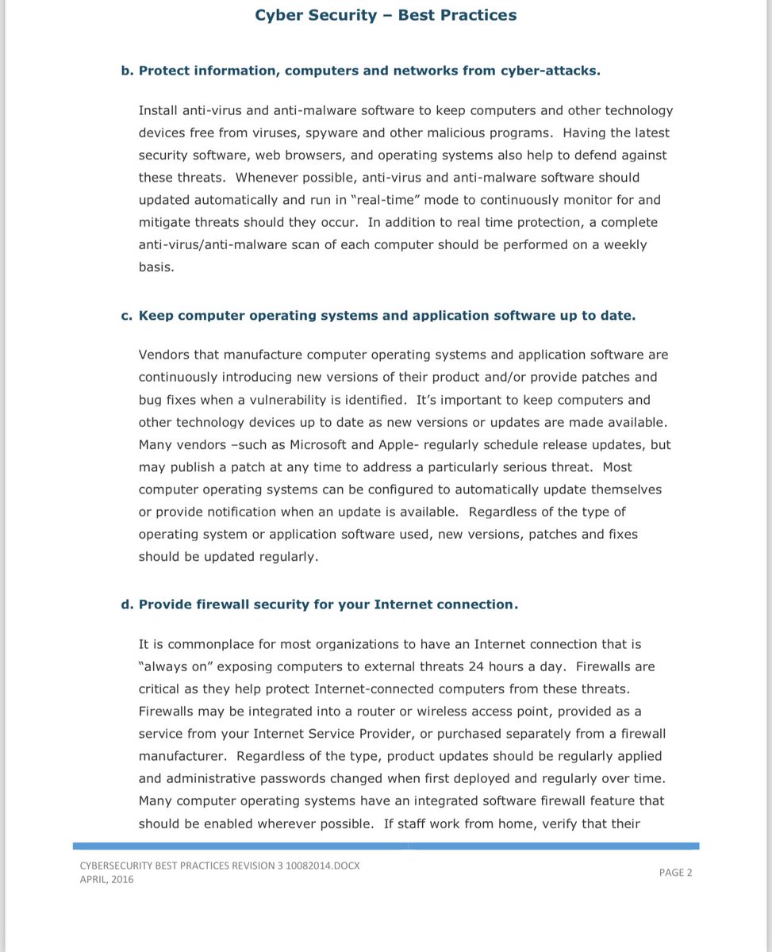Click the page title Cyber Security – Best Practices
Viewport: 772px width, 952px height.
(x=386, y=15)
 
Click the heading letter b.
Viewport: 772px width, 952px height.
(x=126, y=71)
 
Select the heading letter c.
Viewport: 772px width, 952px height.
(x=126, y=316)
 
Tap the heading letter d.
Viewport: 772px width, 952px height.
(x=126, y=605)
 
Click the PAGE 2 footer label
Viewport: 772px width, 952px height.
(x=675, y=873)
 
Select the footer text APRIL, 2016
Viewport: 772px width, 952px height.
(x=106, y=880)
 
